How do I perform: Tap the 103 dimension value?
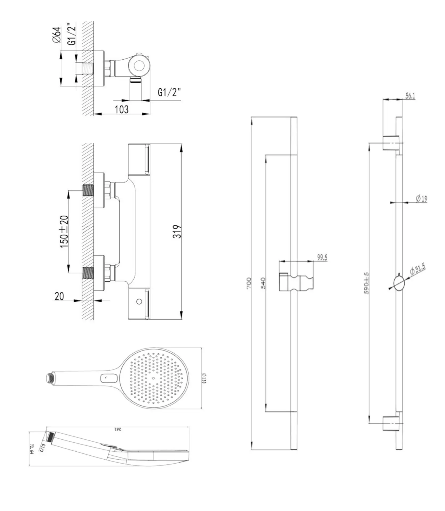(x=122, y=109)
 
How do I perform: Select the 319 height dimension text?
(x=177, y=231)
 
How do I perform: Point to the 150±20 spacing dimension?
(x=64, y=232)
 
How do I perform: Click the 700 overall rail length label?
(x=249, y=283)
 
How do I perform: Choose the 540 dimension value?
(x=263, y=283)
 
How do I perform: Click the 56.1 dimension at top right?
(x=410, y=96)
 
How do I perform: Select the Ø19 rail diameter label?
(x=422, y=198)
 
